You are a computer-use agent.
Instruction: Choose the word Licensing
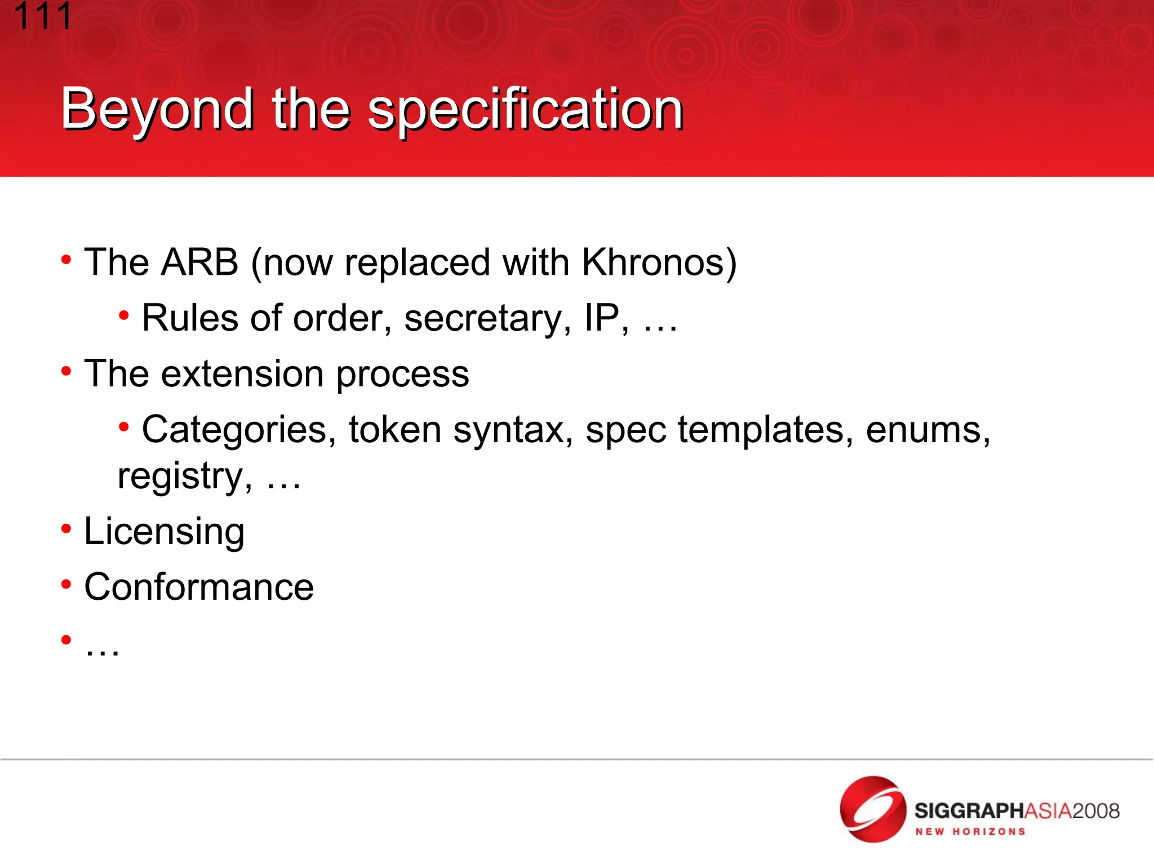(x=164, y=531)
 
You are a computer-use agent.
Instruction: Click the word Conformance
(x=199, y=587)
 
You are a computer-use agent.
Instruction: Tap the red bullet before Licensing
(x=66, y=528)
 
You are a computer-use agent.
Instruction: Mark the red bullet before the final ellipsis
(x=66, y=639)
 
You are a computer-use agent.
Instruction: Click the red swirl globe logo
(x=872, y=809)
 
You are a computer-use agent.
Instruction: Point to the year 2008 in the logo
(x=1096, y=811)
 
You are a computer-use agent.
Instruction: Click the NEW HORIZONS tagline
(x=970, y=832)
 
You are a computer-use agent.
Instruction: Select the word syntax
(x=513, y=430)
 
